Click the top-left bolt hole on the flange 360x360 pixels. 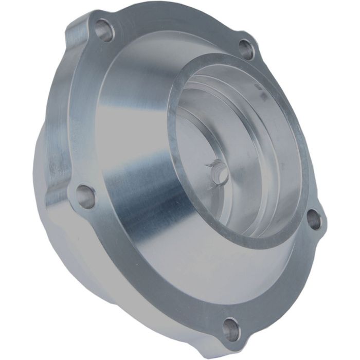pos(105,30)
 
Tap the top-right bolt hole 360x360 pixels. pos(247,50)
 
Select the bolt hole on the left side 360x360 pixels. pos(86,196)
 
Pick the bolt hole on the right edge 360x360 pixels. pos(314,220)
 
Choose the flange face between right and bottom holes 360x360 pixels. pos(288,278)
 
